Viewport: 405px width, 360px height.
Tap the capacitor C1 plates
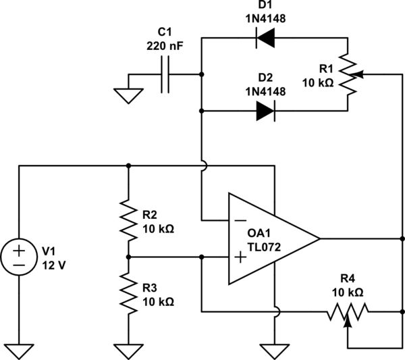click(165, 75)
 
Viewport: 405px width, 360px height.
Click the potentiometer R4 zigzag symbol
click(348, 312)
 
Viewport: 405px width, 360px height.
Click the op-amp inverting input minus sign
click(239, 220)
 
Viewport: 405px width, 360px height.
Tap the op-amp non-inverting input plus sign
click(239, 257)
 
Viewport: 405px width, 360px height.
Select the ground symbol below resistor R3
click(128, 350)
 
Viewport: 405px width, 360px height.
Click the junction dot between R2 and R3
click(128, 257)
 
